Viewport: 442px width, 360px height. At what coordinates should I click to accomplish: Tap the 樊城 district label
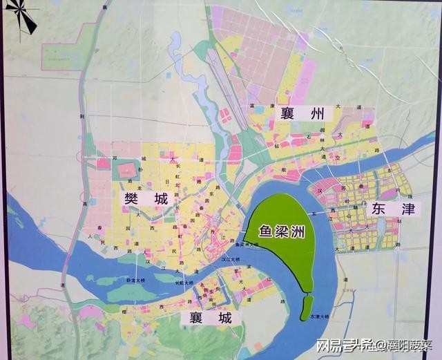[146, 199]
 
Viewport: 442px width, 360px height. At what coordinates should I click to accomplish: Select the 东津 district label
[392, 209]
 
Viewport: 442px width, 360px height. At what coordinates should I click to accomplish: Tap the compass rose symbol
[20, 16]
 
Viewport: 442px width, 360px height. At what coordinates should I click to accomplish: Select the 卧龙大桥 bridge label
[135, 280]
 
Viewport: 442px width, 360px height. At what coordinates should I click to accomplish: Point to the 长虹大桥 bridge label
[184, 282]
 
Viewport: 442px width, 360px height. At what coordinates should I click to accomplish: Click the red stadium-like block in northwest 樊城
[127, 170]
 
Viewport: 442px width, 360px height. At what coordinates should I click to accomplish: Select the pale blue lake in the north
[175, 44]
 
